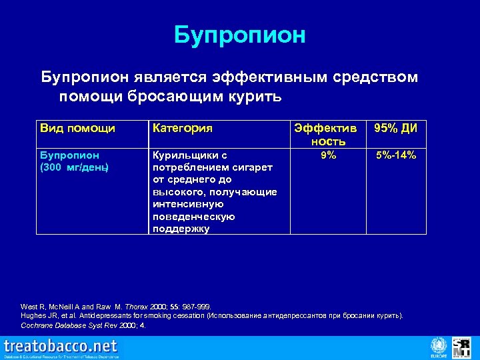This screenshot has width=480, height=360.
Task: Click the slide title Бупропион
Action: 239,35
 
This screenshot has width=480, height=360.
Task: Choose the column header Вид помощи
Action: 77,128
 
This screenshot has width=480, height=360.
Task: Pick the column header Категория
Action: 183,128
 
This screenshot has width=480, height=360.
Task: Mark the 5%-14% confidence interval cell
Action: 395,155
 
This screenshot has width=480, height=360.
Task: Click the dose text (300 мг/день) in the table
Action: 74,167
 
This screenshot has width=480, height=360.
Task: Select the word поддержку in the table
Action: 181,229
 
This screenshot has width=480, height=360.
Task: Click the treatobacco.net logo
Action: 61,347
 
